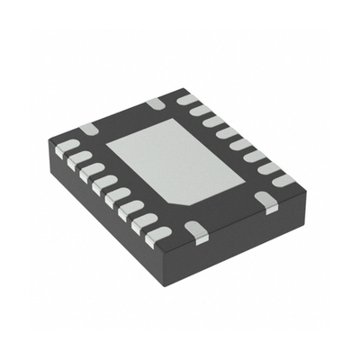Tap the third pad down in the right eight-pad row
pos(216,121)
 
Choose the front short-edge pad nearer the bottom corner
pos(200,230)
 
